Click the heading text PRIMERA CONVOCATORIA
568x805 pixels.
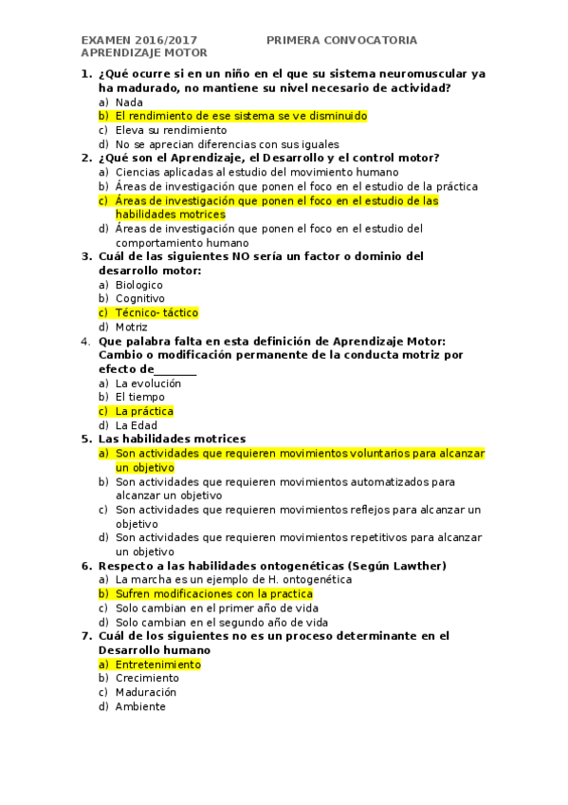[341, 40]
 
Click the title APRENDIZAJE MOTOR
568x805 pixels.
[144, 53]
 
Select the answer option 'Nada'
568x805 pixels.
[129, 102]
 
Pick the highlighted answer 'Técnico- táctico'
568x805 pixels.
[156, 312]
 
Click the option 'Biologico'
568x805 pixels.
[138, 285]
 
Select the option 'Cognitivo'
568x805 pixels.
[139, 298]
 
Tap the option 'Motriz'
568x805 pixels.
[131, 327]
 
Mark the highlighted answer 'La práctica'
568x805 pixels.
[144, 411]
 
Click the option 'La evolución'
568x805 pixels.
[148, 384]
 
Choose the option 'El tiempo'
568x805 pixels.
[139, 397]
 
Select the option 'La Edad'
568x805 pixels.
[137, 425]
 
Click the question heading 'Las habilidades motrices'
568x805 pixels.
[172, 439]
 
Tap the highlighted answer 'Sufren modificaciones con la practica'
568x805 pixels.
[213, 593]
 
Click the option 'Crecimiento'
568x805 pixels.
[147, 678]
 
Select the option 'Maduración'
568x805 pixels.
[146, 692]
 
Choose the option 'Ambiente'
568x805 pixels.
[140, 706]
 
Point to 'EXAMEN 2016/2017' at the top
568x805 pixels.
[139, 40]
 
